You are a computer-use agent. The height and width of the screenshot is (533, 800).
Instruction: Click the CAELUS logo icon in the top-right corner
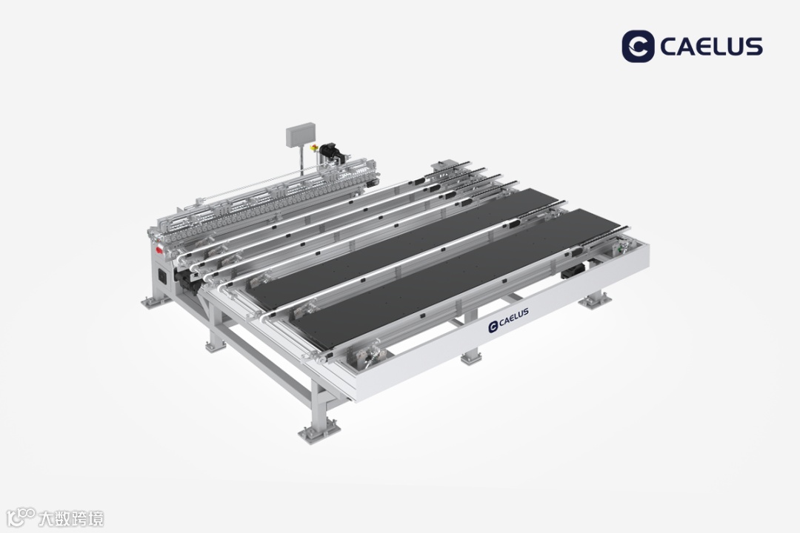coord(638,47)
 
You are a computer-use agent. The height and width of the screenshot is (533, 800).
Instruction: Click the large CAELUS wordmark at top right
coord(711,47)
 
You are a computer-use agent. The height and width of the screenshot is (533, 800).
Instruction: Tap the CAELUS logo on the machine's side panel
coord(509,320)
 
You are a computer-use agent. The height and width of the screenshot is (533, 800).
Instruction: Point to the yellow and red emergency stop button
coord(314,148)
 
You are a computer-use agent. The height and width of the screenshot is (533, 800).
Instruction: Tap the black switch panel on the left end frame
coord(163,276)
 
